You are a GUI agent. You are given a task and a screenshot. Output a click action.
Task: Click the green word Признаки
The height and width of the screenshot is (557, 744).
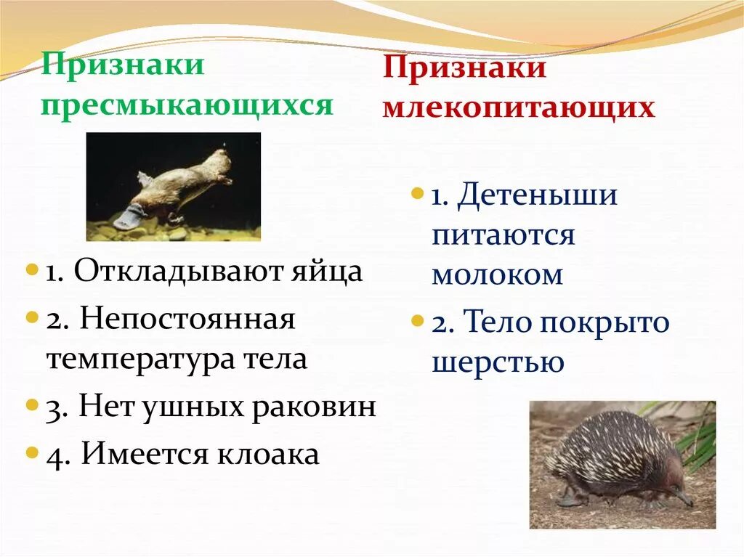coord(122,65)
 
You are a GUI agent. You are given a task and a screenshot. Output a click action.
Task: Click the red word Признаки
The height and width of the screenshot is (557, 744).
coord(464,70)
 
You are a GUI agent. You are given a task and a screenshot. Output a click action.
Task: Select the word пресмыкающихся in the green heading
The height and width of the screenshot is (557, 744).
coord(187,105)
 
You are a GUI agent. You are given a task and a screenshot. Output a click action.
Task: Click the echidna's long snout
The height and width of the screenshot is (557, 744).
coord(681,497)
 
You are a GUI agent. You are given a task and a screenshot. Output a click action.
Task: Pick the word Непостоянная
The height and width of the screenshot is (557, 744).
coord(187,319)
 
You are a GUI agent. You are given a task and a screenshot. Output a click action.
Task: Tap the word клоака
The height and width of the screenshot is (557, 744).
coord(268,455)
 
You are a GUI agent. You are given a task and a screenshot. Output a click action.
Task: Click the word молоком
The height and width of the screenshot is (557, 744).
coord(498,275)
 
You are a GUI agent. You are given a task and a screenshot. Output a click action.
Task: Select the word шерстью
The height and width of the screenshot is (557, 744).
coord(498,362)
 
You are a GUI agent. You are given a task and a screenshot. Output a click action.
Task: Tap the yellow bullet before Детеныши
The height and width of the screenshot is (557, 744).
coord(417,195)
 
